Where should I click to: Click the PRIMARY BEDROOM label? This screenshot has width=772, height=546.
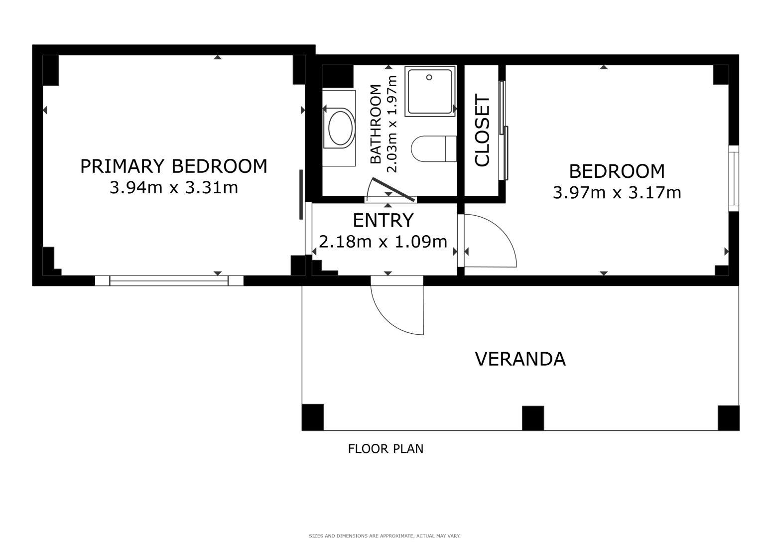174,166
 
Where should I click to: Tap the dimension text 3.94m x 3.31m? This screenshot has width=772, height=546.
174,188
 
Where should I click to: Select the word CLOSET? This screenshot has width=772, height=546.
482,131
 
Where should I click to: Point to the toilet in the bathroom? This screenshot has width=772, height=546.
434,149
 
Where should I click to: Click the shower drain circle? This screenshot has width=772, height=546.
429,77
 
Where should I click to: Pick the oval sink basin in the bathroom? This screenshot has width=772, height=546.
341,128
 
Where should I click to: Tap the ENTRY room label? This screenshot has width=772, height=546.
383,220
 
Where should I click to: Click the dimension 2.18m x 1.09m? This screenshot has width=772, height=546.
383,242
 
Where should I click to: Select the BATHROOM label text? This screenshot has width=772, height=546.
376,124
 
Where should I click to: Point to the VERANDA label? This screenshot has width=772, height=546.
520,359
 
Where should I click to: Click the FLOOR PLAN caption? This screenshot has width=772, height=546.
386,449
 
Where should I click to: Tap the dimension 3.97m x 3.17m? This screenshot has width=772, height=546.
617,193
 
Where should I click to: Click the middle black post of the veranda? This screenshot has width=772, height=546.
533,418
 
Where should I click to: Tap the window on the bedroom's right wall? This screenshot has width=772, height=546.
734,178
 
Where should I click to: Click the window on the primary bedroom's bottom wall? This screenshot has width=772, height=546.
169,280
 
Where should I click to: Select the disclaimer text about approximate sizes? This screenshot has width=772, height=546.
385,536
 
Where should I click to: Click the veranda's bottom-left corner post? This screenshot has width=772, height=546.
313,417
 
